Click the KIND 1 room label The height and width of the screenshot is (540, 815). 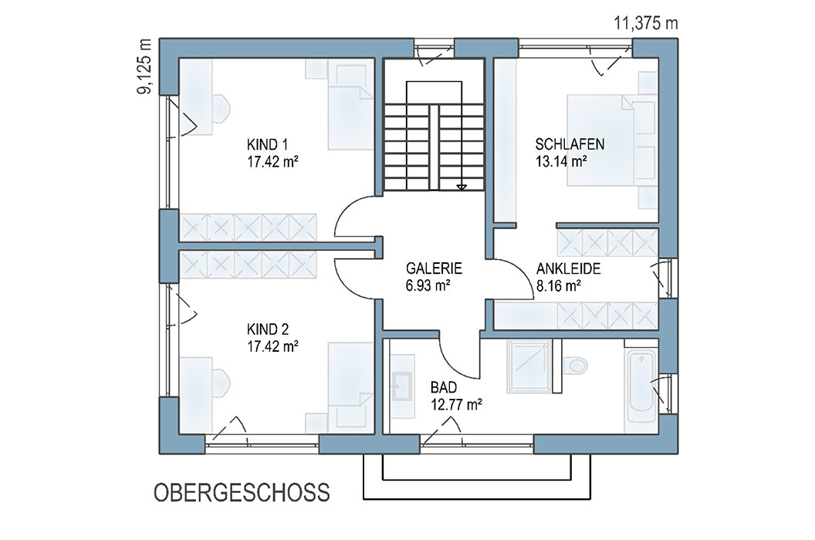pos(267,144)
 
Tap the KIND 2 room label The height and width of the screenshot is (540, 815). pos(267,329)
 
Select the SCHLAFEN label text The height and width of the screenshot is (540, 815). pos(570,144)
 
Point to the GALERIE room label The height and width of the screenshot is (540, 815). pos(434,268)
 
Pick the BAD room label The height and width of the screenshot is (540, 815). pos(443,387)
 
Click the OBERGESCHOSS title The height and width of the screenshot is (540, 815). pos(242,492)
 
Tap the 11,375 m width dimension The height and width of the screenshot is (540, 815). pos(646,23)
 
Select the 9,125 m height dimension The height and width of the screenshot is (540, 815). pos(144,66)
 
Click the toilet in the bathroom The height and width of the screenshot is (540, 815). pos(575,364)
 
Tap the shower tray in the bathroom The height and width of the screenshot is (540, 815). pos(529,366)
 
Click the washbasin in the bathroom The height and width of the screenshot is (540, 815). pos(402,385)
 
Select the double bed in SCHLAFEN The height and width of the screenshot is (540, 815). pos(603,140)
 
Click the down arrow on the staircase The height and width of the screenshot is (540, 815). pos(462,187)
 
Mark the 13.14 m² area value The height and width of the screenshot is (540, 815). pos(561,161)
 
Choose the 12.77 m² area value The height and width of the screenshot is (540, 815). pos(456,403)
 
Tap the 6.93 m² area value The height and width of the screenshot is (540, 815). pos(428,285)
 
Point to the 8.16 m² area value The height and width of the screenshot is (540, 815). pos(558,285)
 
